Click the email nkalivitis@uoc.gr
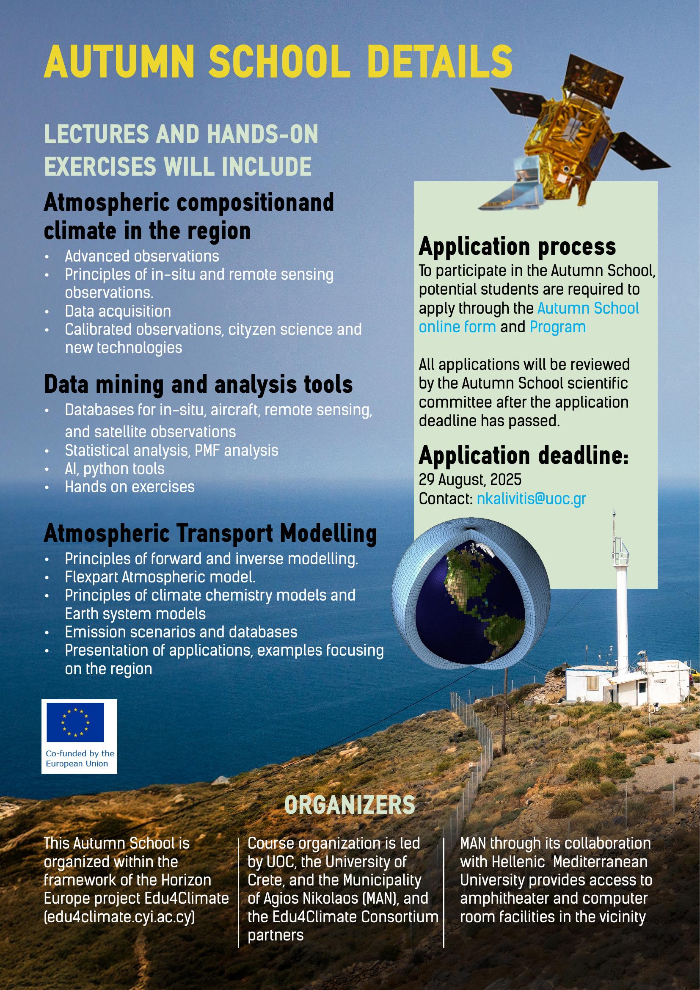click(x=531, y=499)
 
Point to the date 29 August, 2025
click(x=470, y=480)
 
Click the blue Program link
click(x=557, y=327)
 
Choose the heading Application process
click(x=517, y=247)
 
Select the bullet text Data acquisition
click(x=118, y=311)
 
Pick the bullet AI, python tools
click(x=114, y=469)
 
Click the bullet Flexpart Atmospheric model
click(x=160, y=577)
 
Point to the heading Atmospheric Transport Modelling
click(x=210, y=534)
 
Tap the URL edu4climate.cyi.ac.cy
click(x=119, y=917)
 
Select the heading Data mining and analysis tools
click(x=198, y=384)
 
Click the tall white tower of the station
click(x=621, y=612)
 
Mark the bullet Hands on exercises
click(x=130, y=487)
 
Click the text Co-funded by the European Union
click(x=80, y=758)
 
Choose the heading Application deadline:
click(x=523, y=455)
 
